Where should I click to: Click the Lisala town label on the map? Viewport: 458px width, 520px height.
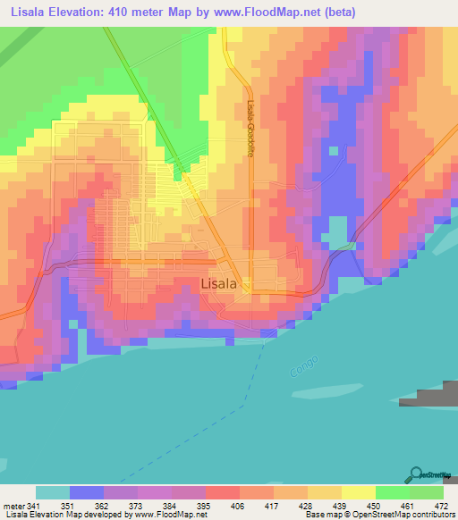pos(218,283)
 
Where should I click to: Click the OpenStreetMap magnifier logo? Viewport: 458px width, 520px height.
pos(416,474)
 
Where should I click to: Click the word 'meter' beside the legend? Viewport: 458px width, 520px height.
pos(14,507)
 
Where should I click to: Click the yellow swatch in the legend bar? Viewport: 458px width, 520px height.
pos(358,492)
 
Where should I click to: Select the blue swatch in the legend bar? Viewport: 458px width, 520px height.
pos(87,492)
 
